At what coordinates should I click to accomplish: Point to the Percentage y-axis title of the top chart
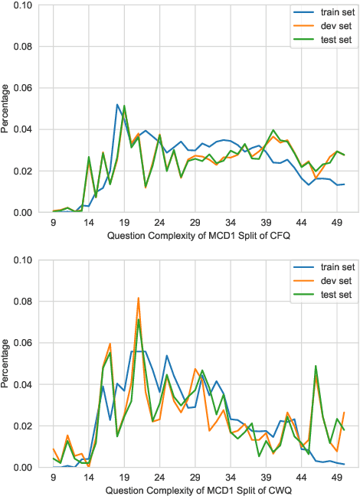click(7, 108)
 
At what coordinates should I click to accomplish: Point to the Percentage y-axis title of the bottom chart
click(7, 363)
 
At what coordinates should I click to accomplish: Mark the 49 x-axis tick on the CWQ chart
click(337, 476)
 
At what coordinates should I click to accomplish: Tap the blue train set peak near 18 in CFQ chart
click(117, 105)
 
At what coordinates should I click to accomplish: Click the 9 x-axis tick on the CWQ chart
click(53, 476)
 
